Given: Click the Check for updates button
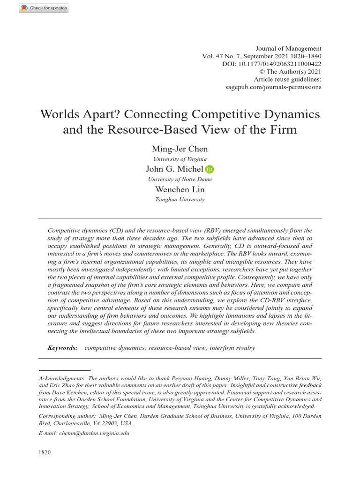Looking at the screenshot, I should [x=44, y=8].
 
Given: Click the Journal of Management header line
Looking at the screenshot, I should [x=288, y=48].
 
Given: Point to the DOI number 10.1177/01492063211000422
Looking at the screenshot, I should [x=280, y=64].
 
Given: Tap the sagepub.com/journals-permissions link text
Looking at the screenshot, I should [x=280, y=88].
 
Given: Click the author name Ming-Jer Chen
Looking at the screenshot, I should [x=180, y=149].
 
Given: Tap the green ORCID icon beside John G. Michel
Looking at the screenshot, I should [x=210, y=169].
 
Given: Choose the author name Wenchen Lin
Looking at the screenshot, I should [x=180, y=189].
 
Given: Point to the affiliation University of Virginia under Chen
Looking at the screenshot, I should [x=180, y=159].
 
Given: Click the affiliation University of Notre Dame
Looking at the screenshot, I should [x=180, y=179].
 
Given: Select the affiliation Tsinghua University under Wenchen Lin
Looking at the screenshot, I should [x=180, y=199].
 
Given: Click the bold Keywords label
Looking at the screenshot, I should [x=63, y=348].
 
